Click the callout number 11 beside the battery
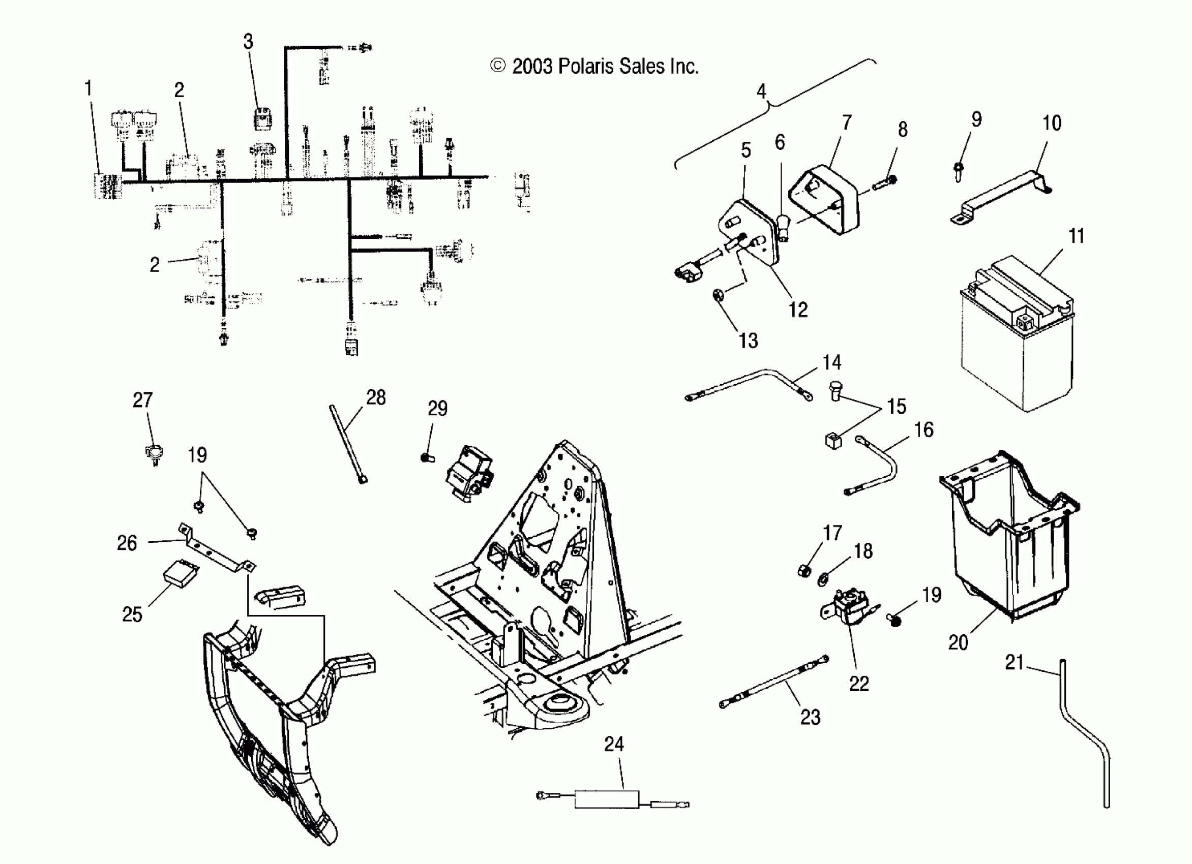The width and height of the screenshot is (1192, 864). coord(1077,236)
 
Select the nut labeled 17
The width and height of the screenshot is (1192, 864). coord(803,570)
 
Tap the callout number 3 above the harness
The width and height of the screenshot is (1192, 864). coord(248,42)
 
